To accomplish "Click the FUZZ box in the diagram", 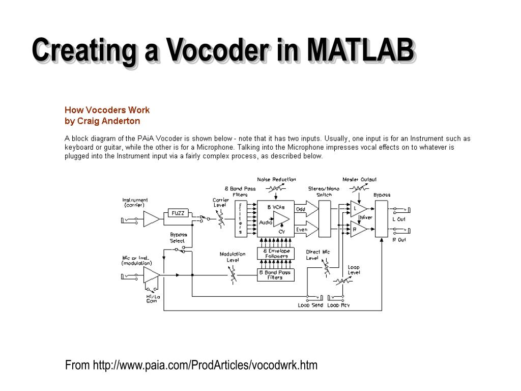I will coord(178,213).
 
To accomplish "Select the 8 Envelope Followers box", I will coord(276,254).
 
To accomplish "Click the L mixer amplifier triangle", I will coord(358,209).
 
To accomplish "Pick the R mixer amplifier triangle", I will coord(358,230).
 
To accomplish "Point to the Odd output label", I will coord(301,209).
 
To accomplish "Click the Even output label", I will coord(302,230).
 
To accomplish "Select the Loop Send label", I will coord(310,305).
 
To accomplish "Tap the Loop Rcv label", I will coord(338,305).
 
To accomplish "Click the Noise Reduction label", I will coord(276,179).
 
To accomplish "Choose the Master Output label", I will coord(359,179).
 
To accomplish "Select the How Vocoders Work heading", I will coord(107,110).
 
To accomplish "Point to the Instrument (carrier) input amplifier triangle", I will coord(151,219).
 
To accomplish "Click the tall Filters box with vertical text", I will coord(240,218).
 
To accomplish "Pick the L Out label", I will coord(399,219).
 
